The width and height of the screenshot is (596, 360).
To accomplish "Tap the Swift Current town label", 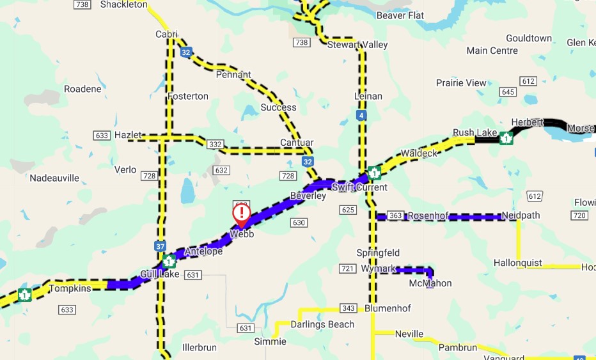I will (359, 187).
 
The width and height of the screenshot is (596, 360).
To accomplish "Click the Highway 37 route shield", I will (159, 246).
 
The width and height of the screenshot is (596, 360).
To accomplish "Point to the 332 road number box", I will (216, 145).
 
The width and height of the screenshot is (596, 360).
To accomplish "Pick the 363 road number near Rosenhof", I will (395, 216).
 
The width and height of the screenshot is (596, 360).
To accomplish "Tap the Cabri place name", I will (166, 35).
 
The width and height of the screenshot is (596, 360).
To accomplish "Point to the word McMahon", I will (430, 283).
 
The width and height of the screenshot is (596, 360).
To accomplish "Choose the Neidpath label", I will (521, 215).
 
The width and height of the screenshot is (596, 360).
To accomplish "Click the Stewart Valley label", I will (357, 45).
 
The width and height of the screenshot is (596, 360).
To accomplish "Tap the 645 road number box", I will (508, 92).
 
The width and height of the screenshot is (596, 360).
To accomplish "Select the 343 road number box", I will (349, 309).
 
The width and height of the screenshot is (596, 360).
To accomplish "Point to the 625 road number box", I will (348, 210).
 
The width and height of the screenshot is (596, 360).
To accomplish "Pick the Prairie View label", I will (461, 83).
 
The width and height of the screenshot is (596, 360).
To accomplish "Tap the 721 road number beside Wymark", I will (348, 269).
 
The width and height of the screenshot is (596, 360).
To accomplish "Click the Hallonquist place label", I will (518, 263).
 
